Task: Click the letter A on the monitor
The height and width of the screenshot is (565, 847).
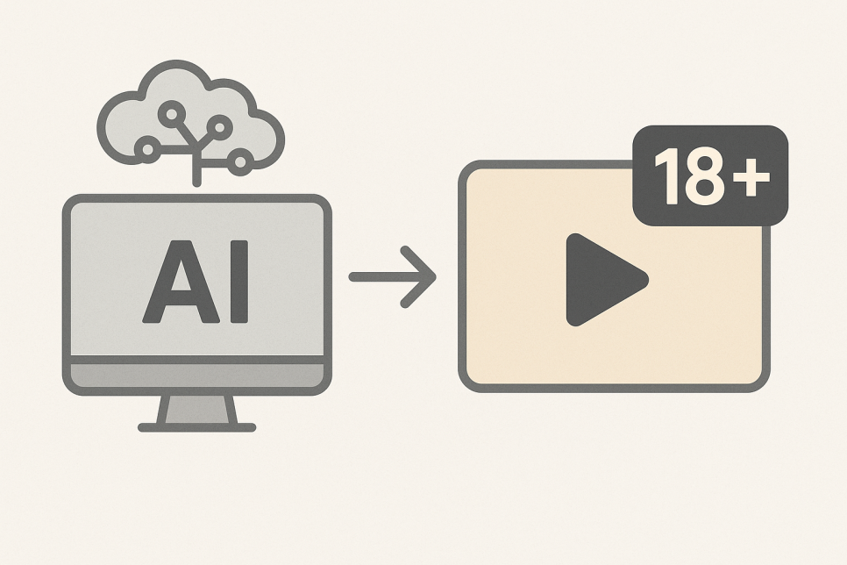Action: point(181,282)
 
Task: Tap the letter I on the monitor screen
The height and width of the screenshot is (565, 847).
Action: point(239,282)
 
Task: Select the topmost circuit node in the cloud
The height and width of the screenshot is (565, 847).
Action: point(171,114)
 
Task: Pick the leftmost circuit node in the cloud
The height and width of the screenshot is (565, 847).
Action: point(147,149)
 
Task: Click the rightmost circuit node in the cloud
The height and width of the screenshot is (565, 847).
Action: point(240,161)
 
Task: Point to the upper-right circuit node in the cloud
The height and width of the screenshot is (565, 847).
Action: point(219,127)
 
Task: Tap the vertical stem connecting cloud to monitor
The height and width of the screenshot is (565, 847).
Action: point(196,168)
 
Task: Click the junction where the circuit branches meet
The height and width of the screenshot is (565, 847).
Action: point(196,147)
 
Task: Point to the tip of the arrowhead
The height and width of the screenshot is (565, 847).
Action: point(436,277)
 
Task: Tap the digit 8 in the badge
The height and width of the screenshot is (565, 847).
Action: point(703,176)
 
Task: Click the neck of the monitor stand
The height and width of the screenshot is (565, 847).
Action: point(196,410)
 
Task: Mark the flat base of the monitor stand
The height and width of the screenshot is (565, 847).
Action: point(196,427)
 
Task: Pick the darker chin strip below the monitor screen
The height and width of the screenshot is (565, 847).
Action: point(196,375)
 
